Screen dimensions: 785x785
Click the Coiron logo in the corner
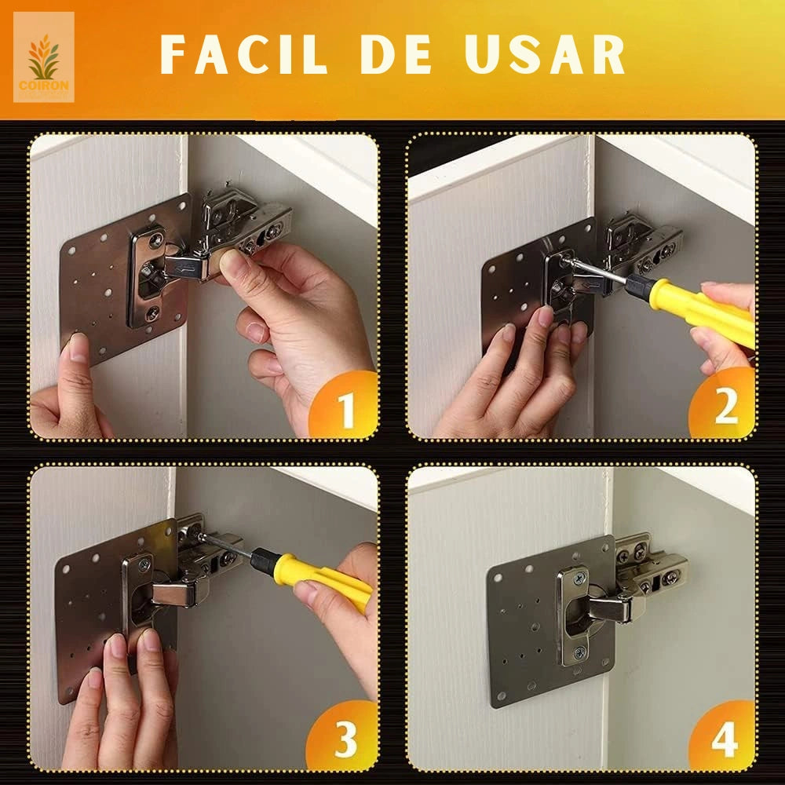point(43,57)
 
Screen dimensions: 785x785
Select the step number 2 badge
point(724,407)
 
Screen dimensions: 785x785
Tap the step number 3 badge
point(345,738)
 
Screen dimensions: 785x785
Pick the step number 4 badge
point(724,738)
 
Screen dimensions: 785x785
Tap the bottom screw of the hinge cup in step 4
point(579,652)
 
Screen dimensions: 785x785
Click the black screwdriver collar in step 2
point(640,287)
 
